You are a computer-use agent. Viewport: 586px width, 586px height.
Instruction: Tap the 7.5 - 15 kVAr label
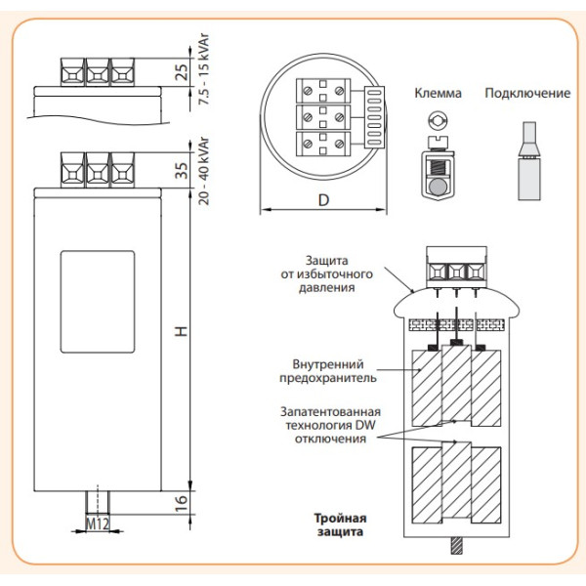pos(203,72)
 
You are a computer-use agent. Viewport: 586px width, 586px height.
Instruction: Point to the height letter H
pos(180,333)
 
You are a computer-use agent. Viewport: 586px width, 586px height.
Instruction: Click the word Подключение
pos(526,95)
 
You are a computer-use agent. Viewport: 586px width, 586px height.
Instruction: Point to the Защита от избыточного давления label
pos(323,273)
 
